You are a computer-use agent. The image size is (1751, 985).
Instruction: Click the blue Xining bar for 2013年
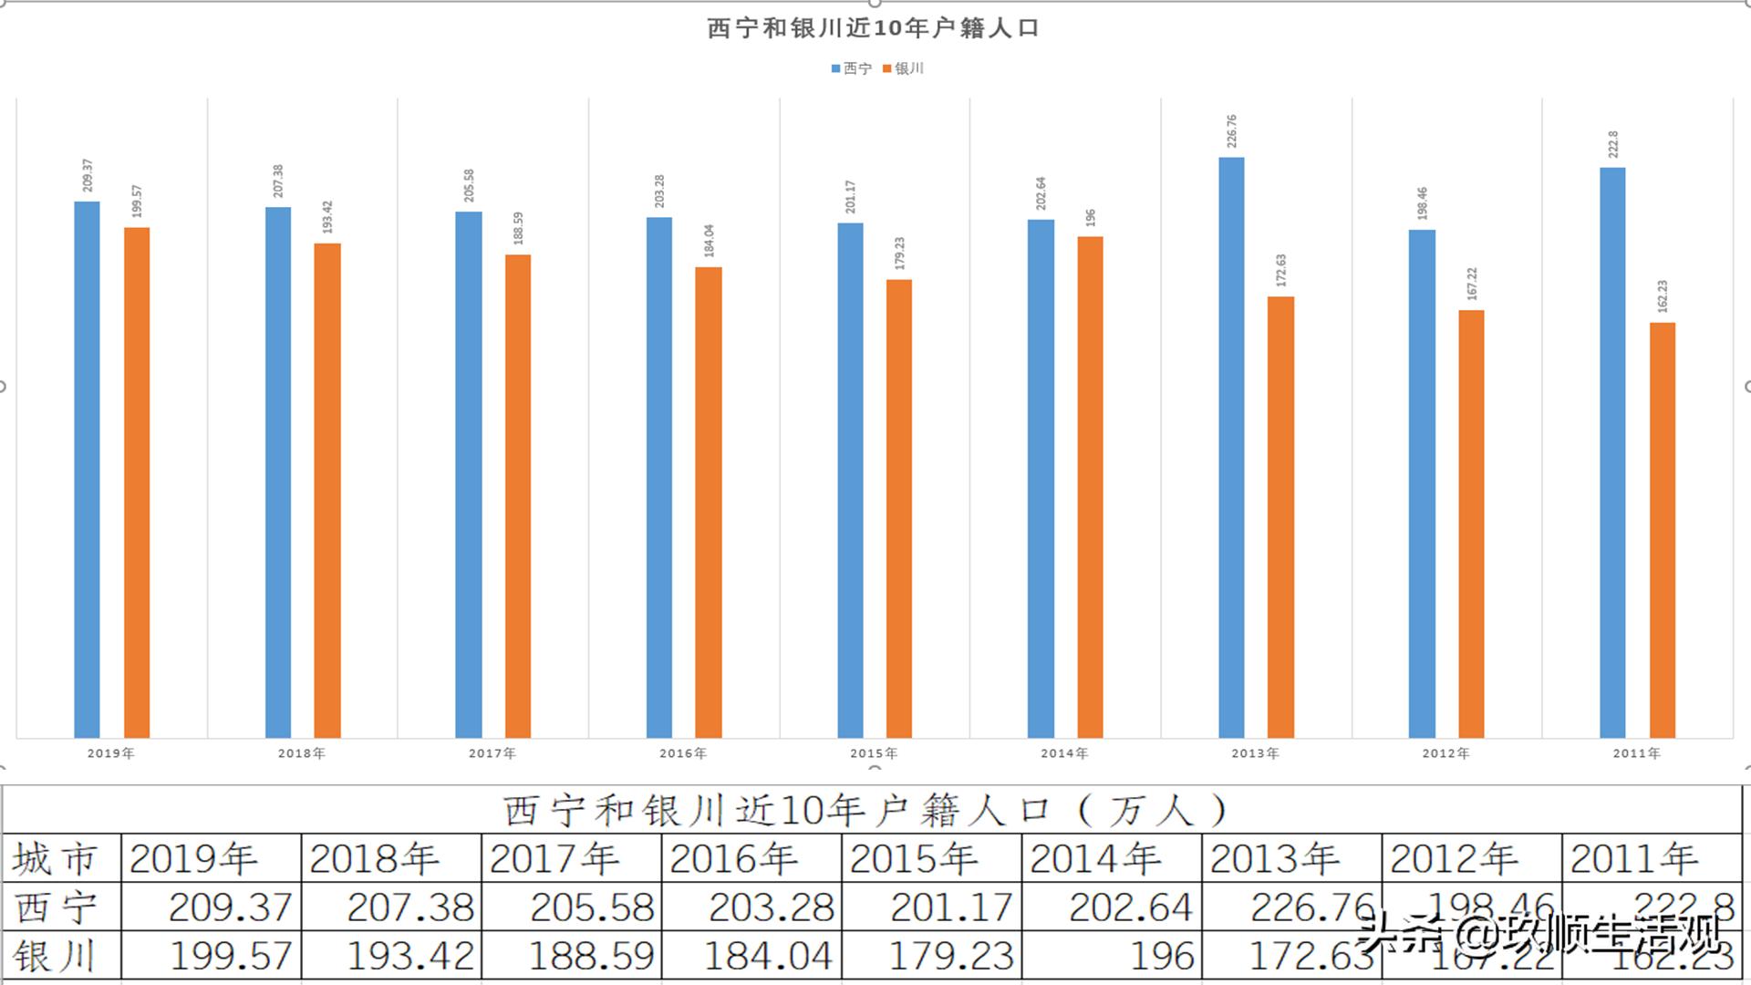pos(1231,447)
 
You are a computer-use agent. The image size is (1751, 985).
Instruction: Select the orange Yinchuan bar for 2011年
pos(1662,529)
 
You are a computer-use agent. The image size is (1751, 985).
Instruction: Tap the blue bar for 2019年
pos(87,470)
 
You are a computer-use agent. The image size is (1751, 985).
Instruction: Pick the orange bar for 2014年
pos(1090,487)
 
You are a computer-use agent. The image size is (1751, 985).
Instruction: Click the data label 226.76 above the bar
pos(1232,131)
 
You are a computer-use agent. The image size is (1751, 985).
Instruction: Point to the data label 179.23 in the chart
pos(900,254)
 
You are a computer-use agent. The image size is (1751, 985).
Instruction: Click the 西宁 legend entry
pos(853,68)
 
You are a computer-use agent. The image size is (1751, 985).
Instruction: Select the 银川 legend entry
pos(905,68)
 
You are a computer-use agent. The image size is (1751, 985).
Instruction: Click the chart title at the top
pos(873,28)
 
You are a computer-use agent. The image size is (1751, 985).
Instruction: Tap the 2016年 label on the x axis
pos(683,753)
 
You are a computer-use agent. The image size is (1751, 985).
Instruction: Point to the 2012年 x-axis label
pos(1445,753)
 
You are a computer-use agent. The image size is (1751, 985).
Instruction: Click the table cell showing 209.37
pos(230,907)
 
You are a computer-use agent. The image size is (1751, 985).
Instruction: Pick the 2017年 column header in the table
pos(554,859)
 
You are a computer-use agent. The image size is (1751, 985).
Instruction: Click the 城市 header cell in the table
pos(55,859)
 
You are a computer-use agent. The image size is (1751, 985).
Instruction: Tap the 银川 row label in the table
pos(55,956)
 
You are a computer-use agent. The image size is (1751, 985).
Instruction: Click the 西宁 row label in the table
pos(55,907)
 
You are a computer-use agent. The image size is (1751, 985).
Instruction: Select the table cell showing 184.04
pos(768,956)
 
